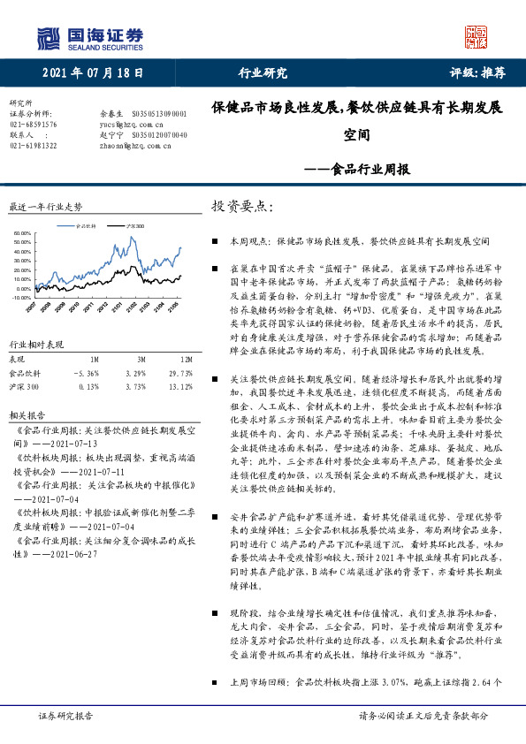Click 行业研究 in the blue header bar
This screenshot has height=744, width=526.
tap(263, 72)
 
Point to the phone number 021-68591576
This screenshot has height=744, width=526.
tap(34, 125)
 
